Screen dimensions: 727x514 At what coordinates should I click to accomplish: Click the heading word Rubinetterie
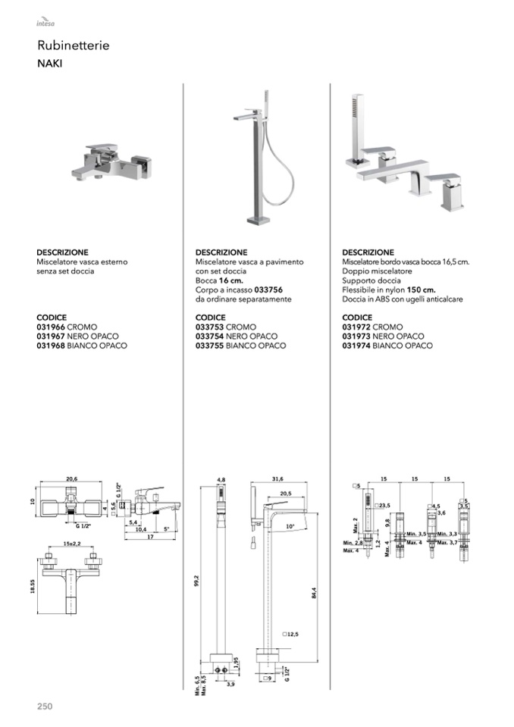pos(74,46)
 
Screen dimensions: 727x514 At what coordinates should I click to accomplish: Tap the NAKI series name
pos(49,64)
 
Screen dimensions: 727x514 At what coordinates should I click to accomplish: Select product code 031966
pos(51,327)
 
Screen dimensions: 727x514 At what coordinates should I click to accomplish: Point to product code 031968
pos(51,345)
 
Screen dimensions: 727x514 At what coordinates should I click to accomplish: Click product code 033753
pos(209,327)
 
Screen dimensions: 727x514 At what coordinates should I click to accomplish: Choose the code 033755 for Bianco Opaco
pos(209,345)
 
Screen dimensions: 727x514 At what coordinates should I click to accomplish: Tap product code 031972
pos(356,327)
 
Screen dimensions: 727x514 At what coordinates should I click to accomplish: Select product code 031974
pos(356,345)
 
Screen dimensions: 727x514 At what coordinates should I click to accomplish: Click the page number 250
pos(45,707)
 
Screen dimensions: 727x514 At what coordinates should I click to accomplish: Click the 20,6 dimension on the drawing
pos(72,479)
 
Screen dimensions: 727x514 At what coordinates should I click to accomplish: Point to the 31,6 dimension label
pos(277,479)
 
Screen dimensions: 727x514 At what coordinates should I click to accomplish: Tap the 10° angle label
pos(290,525)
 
